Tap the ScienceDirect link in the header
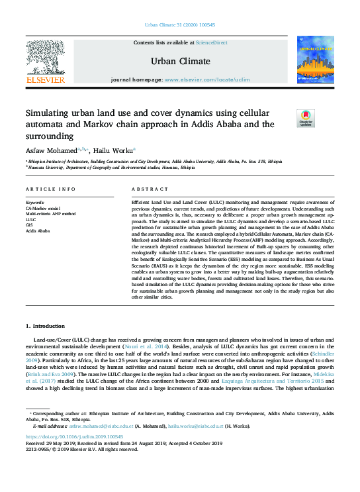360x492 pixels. pyautogui.click(x=210, y=42)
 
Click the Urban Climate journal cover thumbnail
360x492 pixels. pyautogui.click(x=315, y=60)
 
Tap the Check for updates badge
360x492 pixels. pyautogui.click(x=287, y=119)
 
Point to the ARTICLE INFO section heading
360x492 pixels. pyautogui.click(x=51, y=189)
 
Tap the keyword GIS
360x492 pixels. pyautogui.click(x=30, y=225)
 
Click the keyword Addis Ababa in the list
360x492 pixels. pyautogui.click(x=38, y=231)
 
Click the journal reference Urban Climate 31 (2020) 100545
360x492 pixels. pyautogui.click(x=179, y=25)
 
